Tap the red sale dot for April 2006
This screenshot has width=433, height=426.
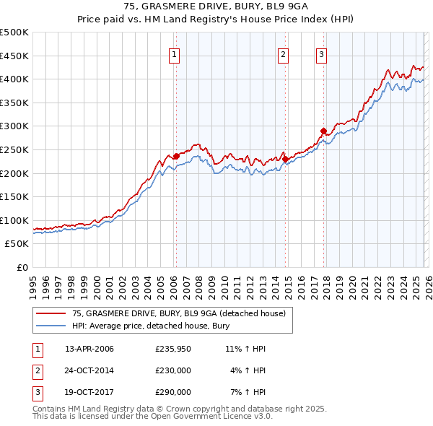coord(176,156)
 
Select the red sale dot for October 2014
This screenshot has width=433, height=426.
coord(285,159)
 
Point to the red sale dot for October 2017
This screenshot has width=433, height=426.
coord(323,131)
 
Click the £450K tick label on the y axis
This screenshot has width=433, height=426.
coord(14,56)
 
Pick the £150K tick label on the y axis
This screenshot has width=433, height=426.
coord(14,196)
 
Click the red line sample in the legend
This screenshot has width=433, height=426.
coord(51,313)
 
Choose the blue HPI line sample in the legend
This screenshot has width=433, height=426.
coord(51,326)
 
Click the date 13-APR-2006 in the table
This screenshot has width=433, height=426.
coord(89,349)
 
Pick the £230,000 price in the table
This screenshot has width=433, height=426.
coord(173,370)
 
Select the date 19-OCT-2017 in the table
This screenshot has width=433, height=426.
coord(89,392)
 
